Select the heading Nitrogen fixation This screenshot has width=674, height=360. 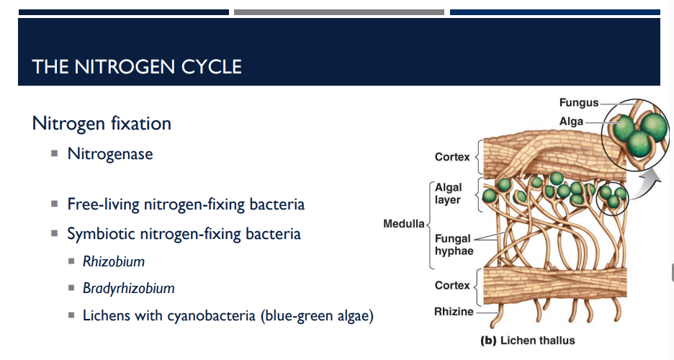click(102, 123)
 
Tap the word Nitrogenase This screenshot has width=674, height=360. click(110, 153)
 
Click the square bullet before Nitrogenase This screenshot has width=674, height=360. click(54, 153)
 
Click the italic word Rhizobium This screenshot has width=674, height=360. click(113, 261)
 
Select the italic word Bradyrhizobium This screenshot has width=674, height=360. click(128, 289)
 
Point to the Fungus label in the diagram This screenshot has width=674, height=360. click(578, 104)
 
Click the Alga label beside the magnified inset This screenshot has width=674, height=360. click(571, 122)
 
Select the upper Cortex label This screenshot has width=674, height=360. click(451, 157)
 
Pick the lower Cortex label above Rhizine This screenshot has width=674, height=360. click(451, 286)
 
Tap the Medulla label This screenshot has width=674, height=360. click(403, 224)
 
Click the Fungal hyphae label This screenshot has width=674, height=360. click(454, 245)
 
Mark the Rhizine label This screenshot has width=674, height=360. click(454, 312)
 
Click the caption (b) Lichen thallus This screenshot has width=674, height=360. click(528, 340)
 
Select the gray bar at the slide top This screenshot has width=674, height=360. click(338, 12)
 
